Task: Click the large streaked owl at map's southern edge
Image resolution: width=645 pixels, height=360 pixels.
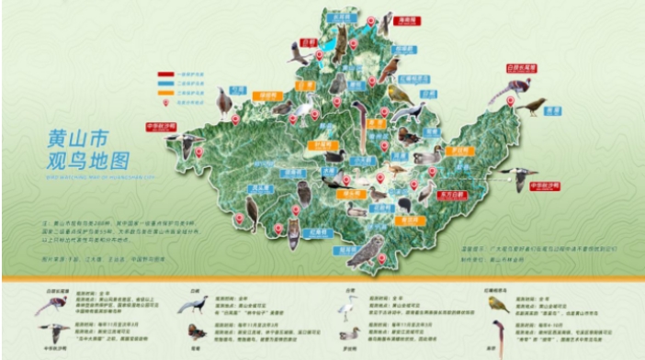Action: tap(365, 251)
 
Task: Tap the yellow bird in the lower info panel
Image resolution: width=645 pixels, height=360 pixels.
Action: tap(499, 304)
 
